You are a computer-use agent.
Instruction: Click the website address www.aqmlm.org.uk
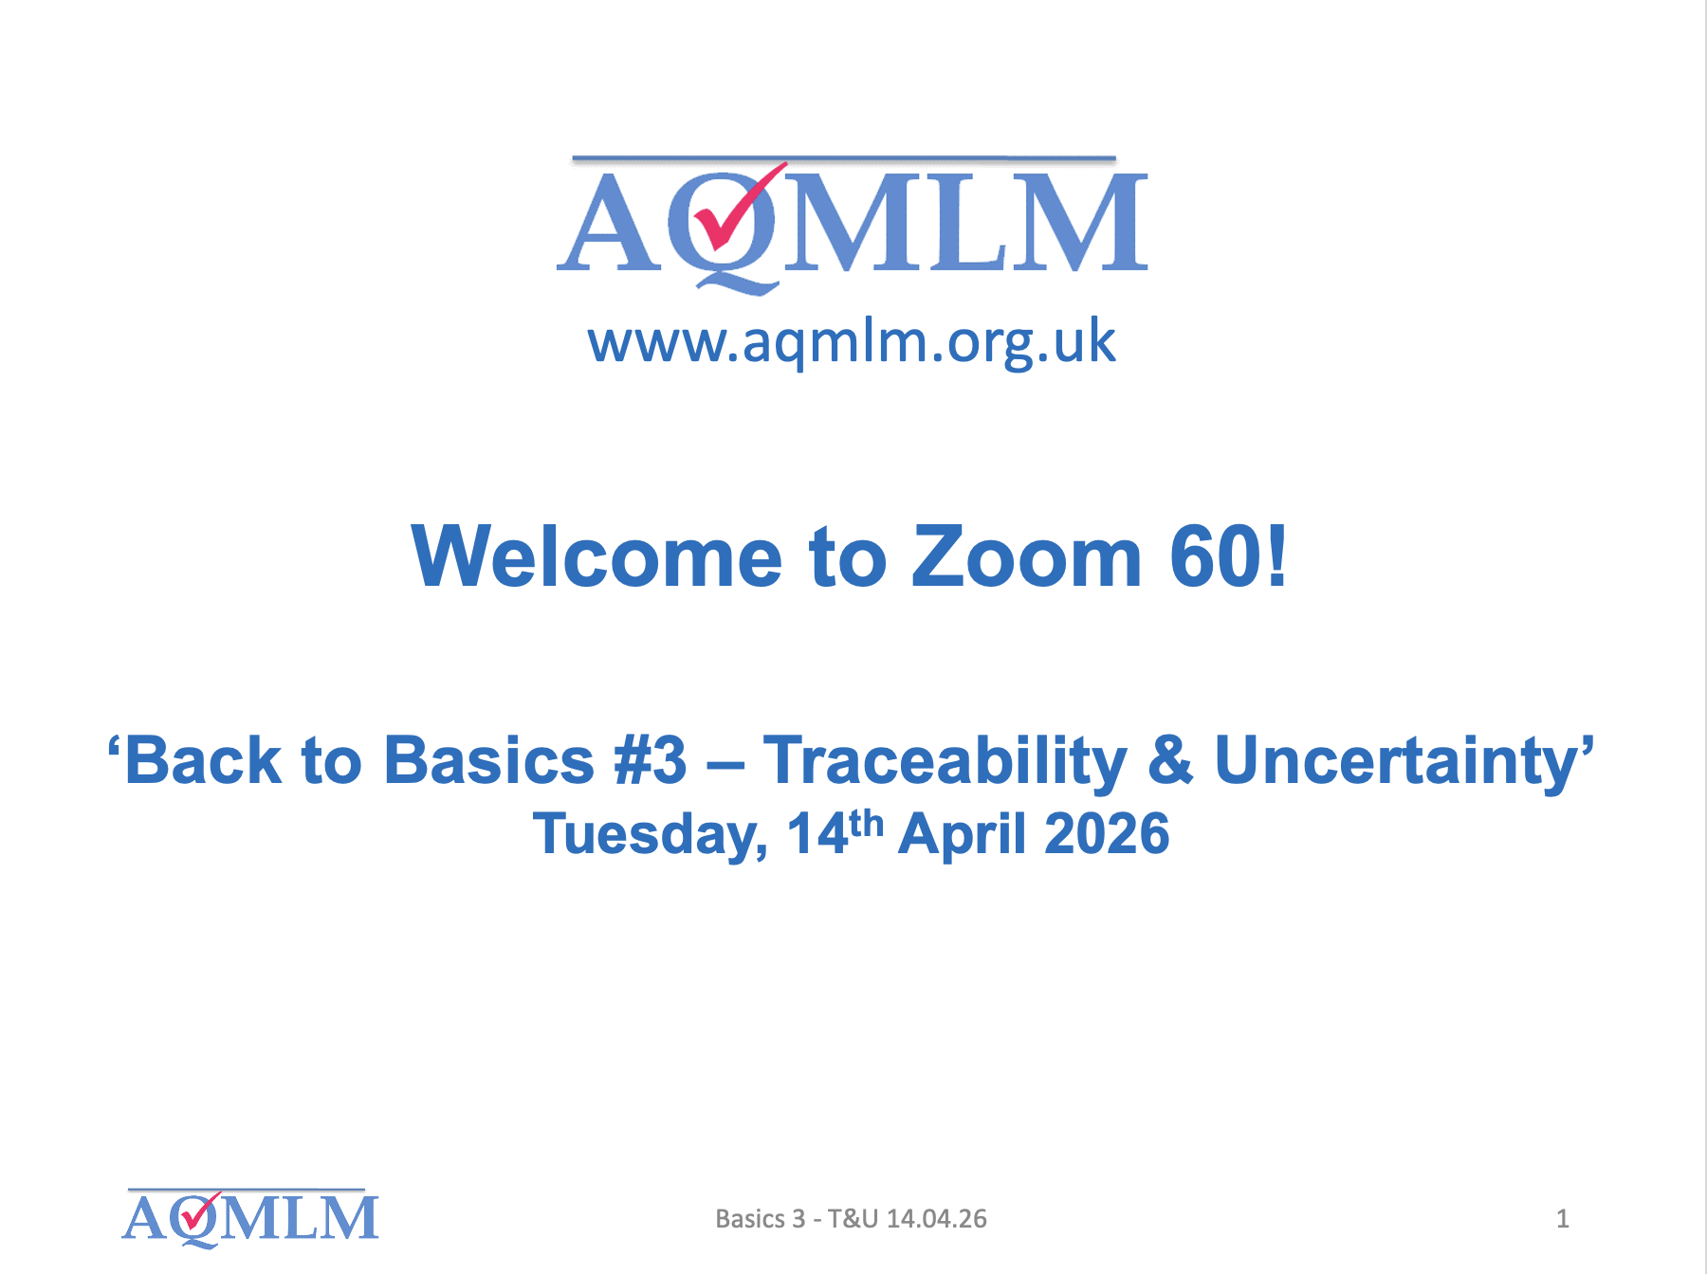(852, 342)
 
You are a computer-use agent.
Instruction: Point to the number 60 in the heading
(1216, 557)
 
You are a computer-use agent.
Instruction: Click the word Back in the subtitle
(203, 760)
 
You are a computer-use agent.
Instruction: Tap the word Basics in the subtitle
(489, 760)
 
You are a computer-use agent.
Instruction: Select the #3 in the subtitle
(651, 760)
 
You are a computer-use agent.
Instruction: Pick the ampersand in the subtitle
(1171, 760)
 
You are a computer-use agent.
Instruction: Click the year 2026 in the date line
(1107, 834)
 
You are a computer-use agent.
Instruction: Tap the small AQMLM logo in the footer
(250, 1217)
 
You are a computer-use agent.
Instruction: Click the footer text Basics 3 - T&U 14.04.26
(851, 1219)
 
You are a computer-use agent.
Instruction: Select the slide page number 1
(1562, 1219)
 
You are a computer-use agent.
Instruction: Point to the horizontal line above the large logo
(844, 158)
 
